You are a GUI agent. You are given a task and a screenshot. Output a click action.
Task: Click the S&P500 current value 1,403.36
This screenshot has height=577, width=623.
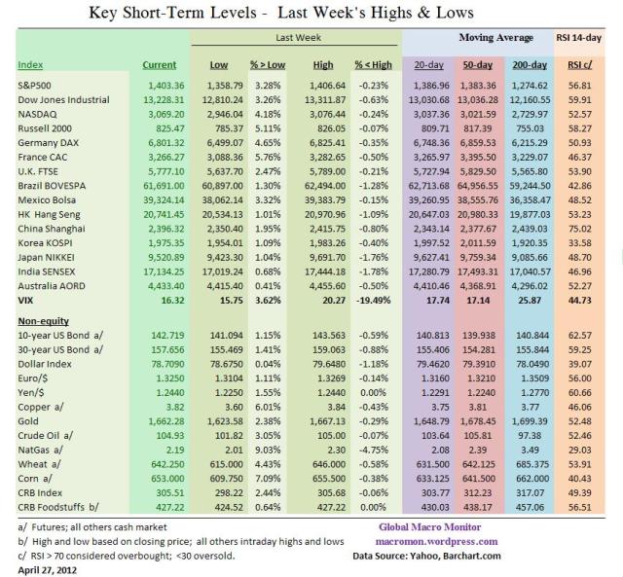click(160, 86)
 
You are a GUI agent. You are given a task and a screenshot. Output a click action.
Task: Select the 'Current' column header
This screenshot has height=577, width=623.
click(160, 64)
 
